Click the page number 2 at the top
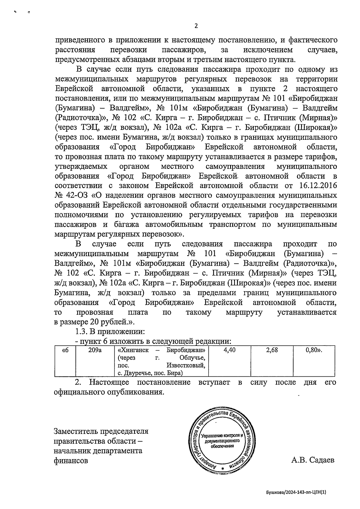(x=196, y=26)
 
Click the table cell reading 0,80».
(x=314, y=350)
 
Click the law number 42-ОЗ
(x=77, y=196)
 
